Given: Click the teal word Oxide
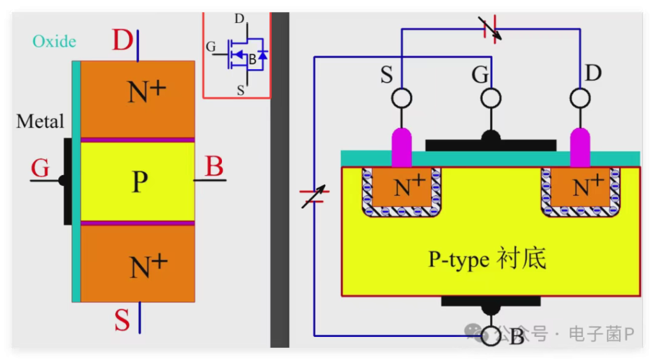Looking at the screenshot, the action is pyautogui.click(x=54, y=42).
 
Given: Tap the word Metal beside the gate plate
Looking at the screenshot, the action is pyautogui.click(x=40, y=121).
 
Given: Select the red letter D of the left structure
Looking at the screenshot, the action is pyautogui.click(x=122, y=40).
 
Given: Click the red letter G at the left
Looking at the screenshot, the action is pyautogui.click(x=40, y=168).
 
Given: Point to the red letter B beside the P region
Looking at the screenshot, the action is pyautogui.click(x=214, y=166).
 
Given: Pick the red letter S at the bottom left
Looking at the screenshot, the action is pyautogui.click(x=122, y=320).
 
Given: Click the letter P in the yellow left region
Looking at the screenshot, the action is pyautogui.click(x=139, y=182).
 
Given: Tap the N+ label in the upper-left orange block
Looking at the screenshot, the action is pyautogui.click(x=146, y=91).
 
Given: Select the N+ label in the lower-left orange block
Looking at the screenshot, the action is pyautogui.click(x=148, y=266).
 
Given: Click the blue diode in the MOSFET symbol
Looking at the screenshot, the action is pyautogui.click(x=262, y=55).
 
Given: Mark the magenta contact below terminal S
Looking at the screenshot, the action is pyautogui.click(x=402, y=148).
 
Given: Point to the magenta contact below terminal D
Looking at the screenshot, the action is pyautogui.click(x=580, y=148).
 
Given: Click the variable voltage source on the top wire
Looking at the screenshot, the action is pyautogui.click(x=490, y=29).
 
